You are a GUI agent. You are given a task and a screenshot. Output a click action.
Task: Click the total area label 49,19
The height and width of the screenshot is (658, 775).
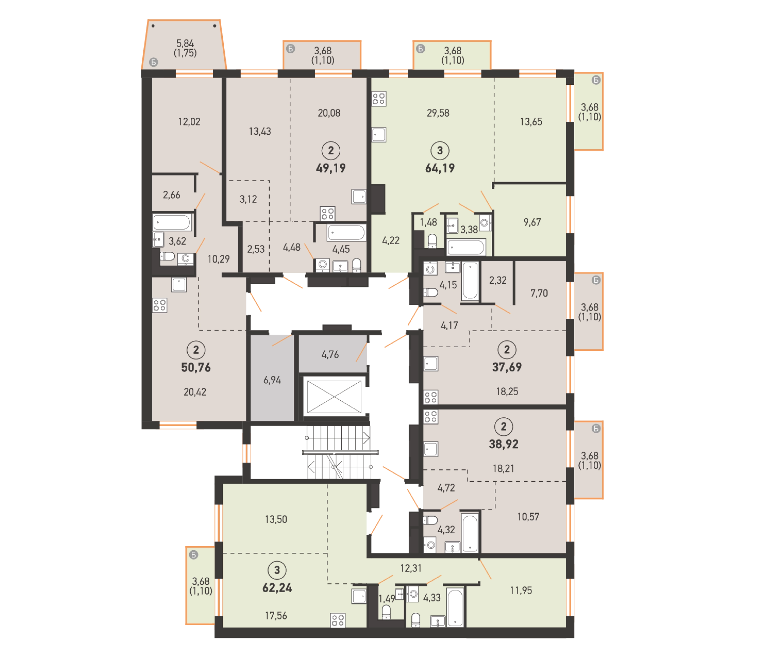click(x=330, y=168)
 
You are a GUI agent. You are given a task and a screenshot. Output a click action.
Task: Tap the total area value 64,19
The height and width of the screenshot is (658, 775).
click(x=440, y=168)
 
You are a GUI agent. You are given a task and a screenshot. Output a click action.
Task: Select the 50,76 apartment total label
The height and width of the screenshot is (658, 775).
click(x=196, y=367)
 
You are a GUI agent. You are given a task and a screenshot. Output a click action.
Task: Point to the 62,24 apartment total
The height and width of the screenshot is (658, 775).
click(x=277, y=588)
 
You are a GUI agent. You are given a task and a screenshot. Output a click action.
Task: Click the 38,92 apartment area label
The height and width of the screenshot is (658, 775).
click(x=504, y=444)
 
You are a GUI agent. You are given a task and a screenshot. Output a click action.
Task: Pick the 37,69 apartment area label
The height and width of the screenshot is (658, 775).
click(x=507, y=367)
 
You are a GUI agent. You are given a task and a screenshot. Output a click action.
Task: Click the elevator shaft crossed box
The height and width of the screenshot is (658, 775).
click(x=334, y=397)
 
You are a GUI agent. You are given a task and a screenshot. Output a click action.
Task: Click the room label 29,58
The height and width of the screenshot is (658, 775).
click(x=438, y=113)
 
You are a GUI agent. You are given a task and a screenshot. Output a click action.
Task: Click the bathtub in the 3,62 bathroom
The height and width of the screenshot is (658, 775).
click(x=172, y=222)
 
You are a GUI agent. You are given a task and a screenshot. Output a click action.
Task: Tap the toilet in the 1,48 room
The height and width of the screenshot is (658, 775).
click(x=432, y=241)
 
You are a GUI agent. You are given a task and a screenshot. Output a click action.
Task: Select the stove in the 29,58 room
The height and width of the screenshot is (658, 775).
click(x=379, y=99)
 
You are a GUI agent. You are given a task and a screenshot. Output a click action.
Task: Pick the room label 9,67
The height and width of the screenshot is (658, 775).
click(x=532, y=222)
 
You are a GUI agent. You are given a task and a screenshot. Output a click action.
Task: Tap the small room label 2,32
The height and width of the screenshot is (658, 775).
click(x=498, y=280)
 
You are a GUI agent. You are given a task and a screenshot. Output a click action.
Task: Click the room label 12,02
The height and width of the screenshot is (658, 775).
click(x=189, y=122)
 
